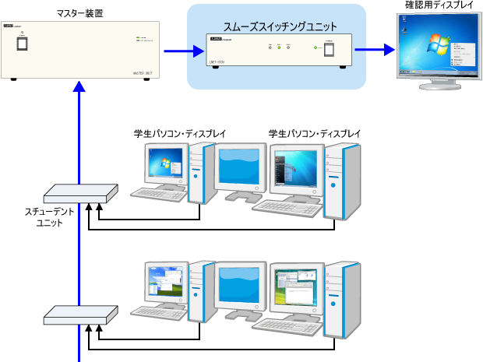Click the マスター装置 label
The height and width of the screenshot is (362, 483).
[80, 13]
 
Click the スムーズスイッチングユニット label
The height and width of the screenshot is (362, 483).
[277, 26]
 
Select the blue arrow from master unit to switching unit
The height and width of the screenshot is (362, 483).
[176, 51]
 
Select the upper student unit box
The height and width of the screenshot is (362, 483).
[79, 193]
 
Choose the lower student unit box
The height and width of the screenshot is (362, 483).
[79, 314]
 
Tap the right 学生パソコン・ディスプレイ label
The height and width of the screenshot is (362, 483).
[315, 134]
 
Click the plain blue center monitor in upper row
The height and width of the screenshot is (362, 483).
[241, 164]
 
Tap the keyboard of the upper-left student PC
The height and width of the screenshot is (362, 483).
[159, 195]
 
